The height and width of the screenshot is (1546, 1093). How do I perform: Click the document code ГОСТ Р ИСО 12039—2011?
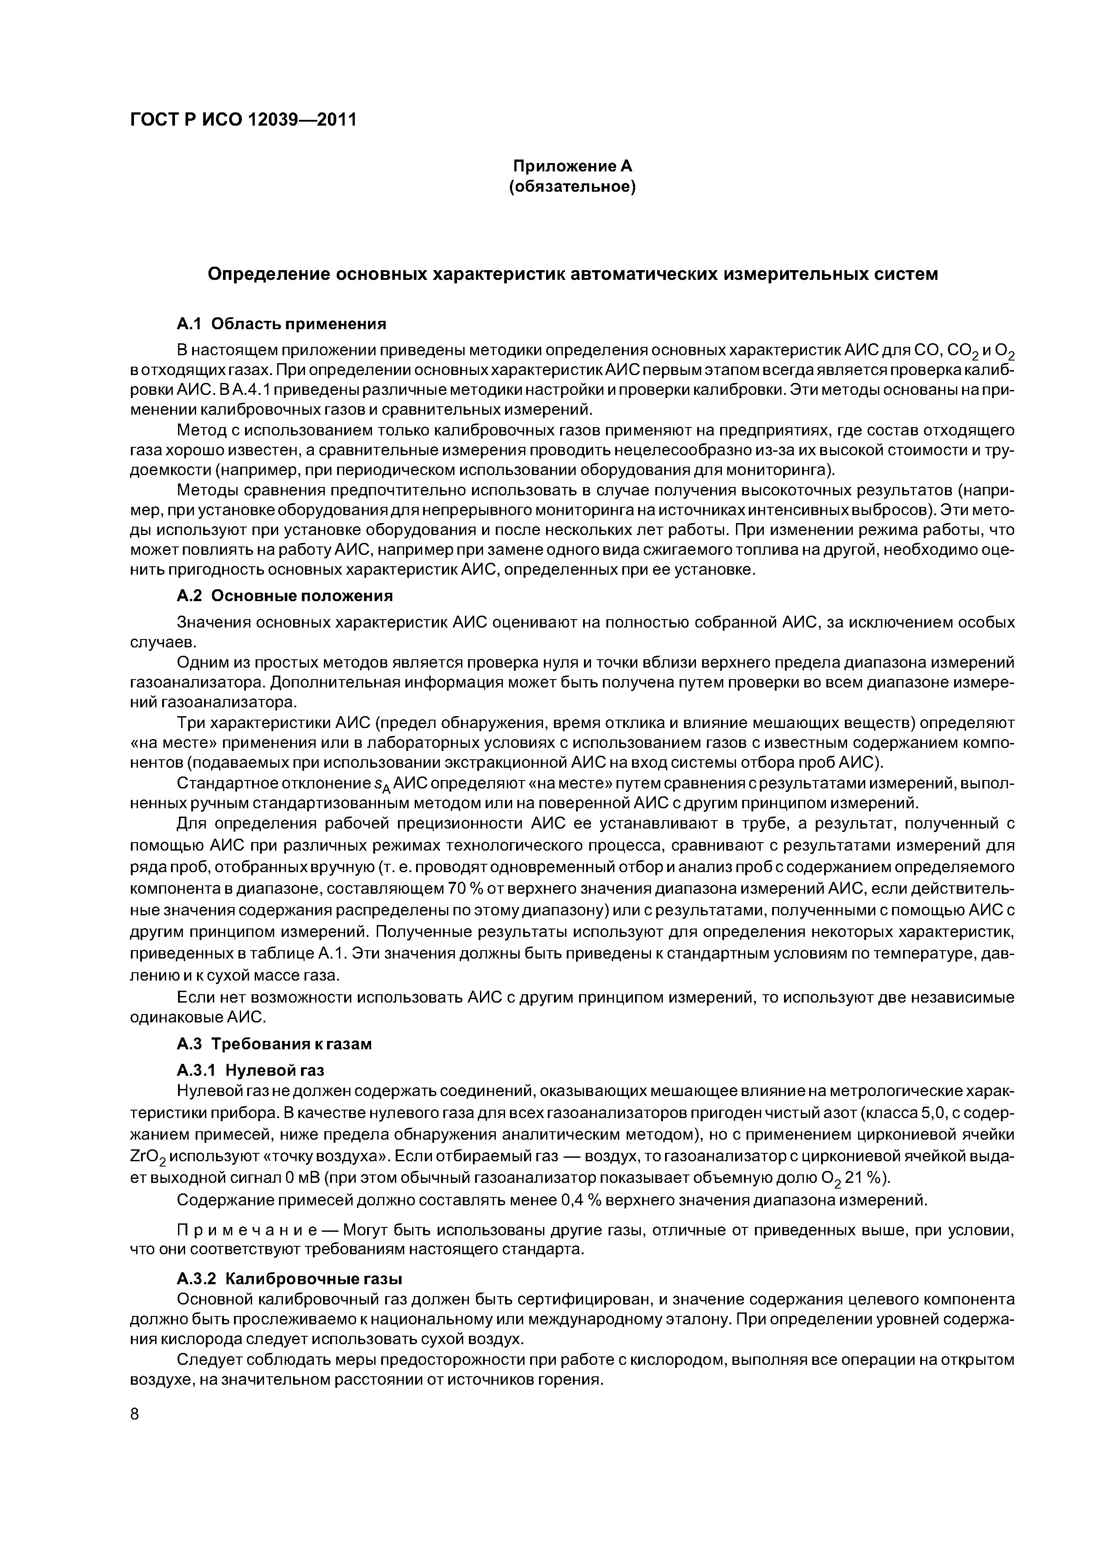tap(242, 120)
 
